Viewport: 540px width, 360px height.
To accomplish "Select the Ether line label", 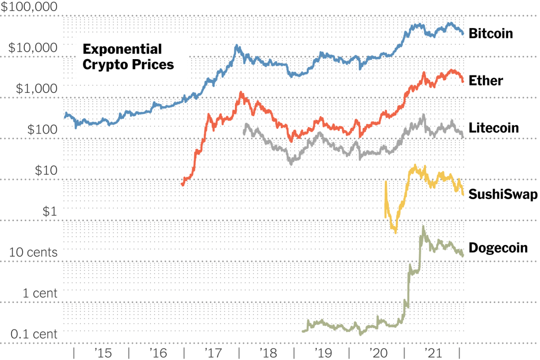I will click(485, 81).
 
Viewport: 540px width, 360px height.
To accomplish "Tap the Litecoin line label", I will click(494, 128).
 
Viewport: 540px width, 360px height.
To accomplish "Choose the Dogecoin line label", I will click(498, 248).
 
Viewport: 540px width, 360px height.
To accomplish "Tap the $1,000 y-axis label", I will click(36, 88).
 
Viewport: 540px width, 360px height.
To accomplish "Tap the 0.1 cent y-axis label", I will click(34, 334).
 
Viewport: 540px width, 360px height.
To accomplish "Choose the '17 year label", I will click(213, 352).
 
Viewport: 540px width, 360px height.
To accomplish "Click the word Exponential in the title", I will click(122, 50).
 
